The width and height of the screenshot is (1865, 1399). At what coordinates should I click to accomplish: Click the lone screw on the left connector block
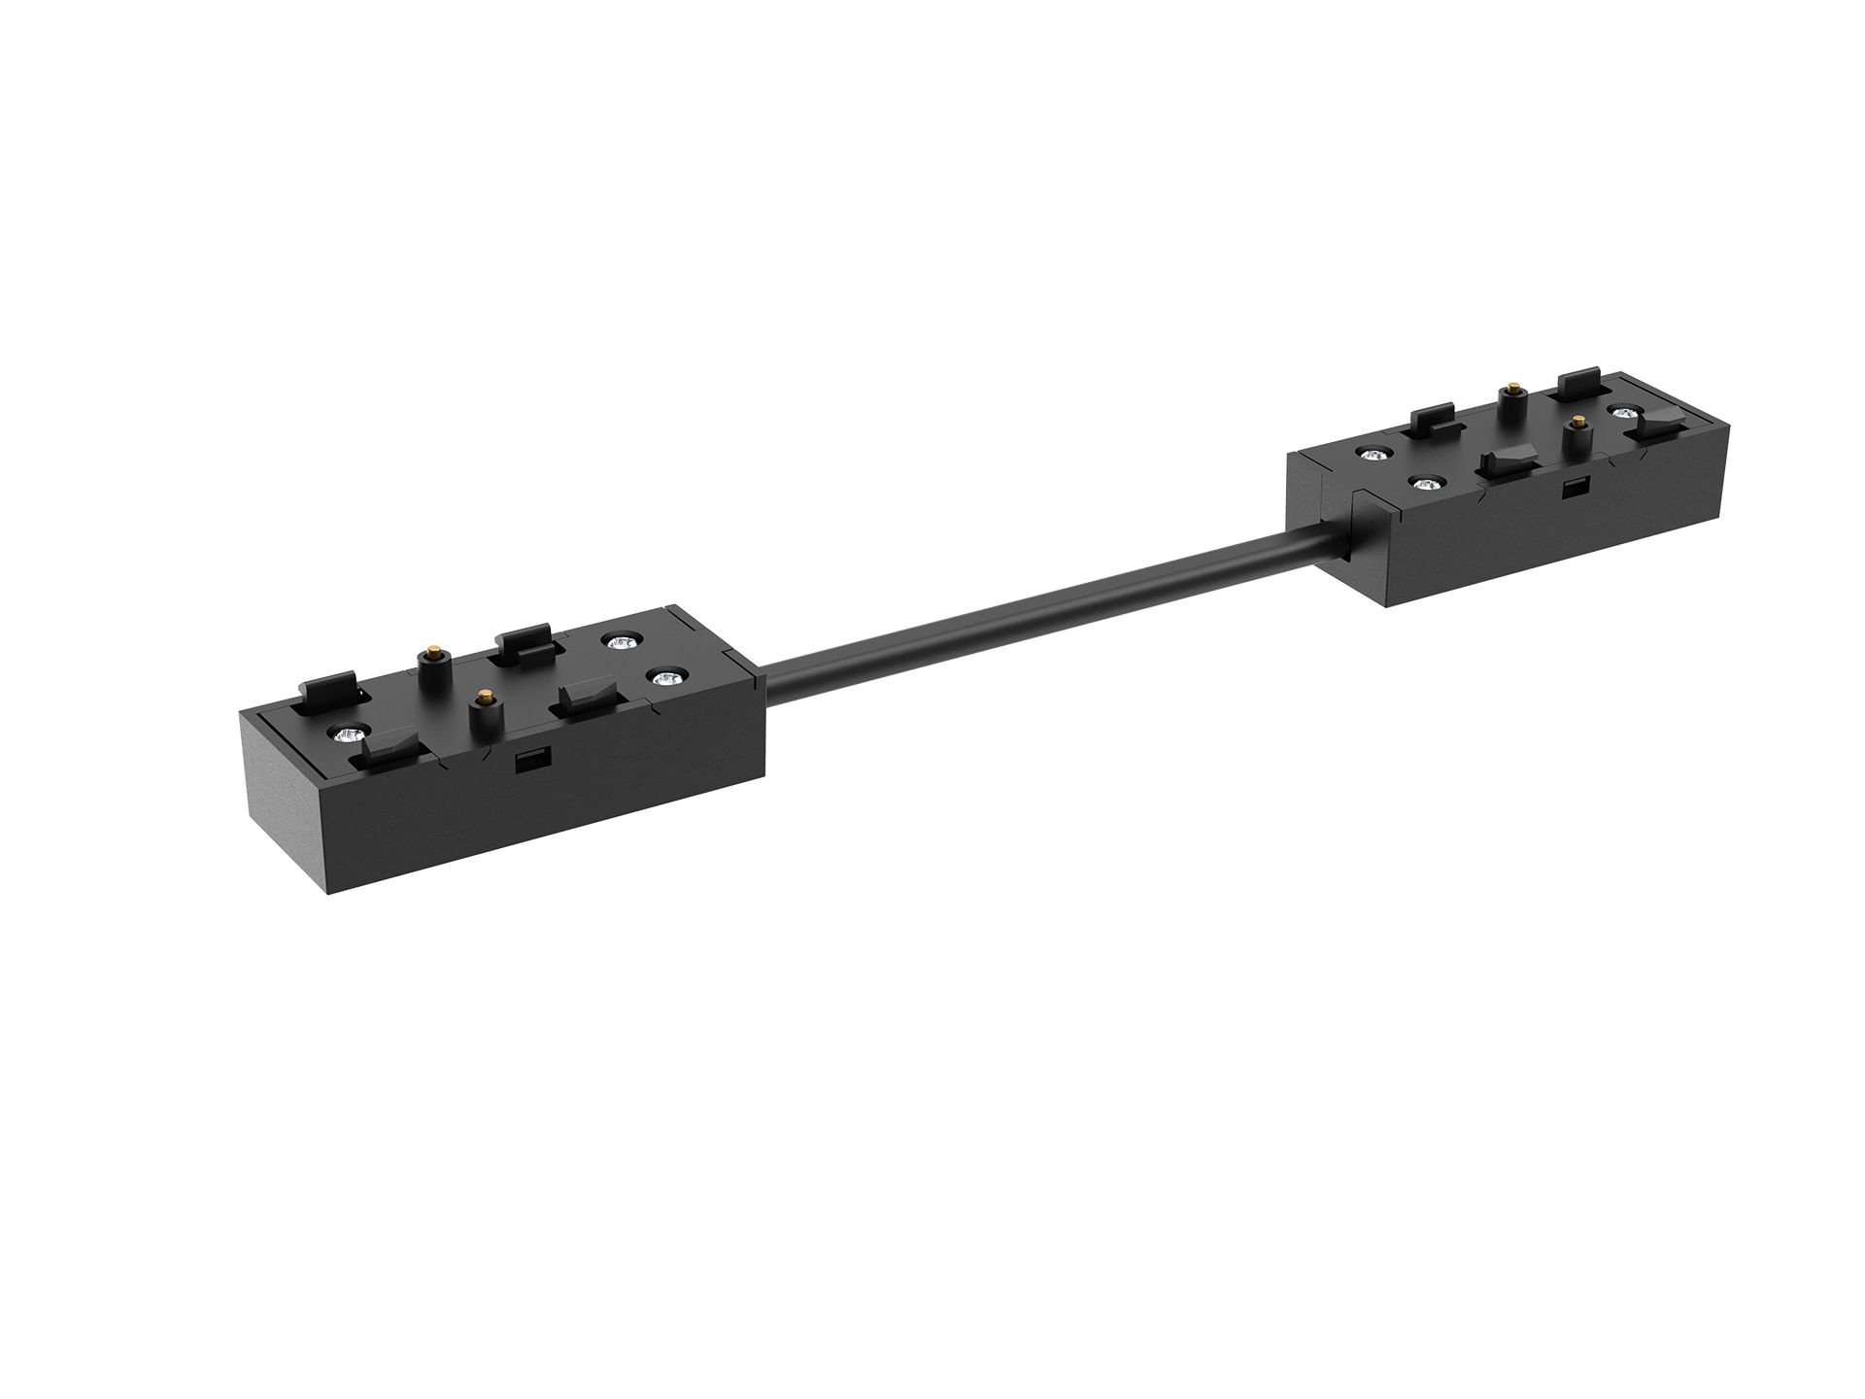pos(344,732)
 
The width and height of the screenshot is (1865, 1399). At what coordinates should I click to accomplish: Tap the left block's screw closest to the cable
pos(664,678)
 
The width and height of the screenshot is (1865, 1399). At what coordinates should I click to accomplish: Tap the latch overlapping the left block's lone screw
pos(387,748)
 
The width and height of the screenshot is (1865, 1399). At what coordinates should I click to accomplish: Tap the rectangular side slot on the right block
pos(1569,488)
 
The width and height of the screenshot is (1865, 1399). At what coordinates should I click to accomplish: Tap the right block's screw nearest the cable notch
pos(1372,453)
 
